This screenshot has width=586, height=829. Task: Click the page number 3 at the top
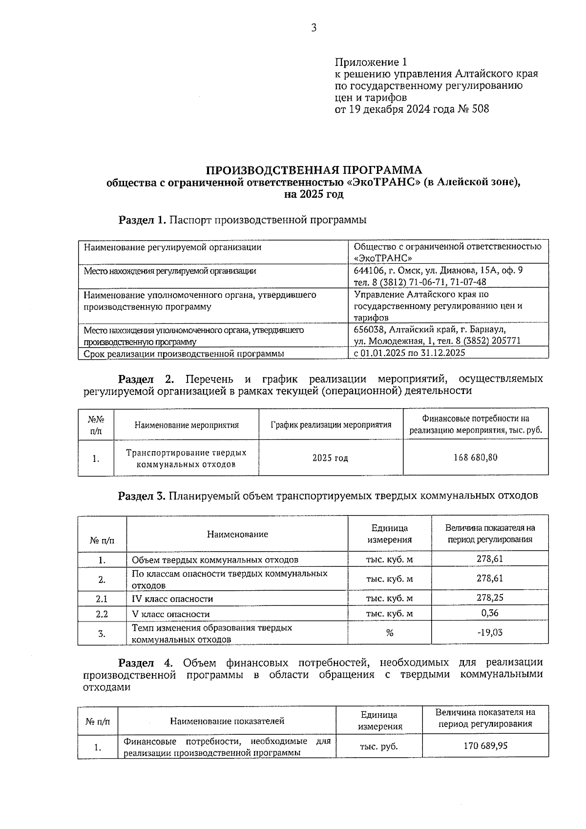pyautogui.click(x=314, y=28)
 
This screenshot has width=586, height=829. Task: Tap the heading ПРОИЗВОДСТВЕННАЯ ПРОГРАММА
pyautogui.click(x=314, y=170)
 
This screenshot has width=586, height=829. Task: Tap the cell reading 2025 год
pyautogui.click(x=331, y=458)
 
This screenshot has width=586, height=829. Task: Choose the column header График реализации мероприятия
pyautogui.click(x=331, y=425)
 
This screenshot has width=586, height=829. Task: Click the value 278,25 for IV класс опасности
pyautogui.click(x=490, y=598)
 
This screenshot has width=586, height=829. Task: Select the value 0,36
pyautogui.click(x=490, y=613)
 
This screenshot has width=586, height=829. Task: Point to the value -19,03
pyautogui.click(x=490, y=633)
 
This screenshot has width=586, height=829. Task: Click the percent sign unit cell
pyautogui.click(x=389, y=633)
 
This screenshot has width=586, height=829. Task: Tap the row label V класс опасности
pyautogui.click(x=171, y=614)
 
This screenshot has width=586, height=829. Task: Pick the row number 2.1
pyautogui.click(x=102, y=599)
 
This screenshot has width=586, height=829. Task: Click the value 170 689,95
pyautogui.click(x=485, y=746)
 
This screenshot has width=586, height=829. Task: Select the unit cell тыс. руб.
pyautogui.click(x=379, y=746)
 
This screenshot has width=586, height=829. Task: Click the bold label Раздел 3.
pyautogui.click(x=142, y=496)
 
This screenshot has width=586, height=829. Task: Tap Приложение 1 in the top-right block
pyautogui.click(x=371, y=62)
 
